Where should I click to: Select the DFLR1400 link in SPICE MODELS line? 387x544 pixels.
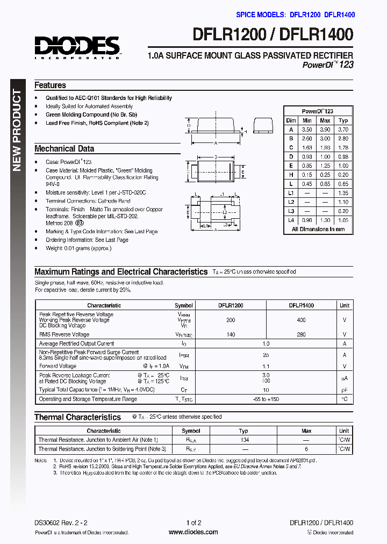(339, 15)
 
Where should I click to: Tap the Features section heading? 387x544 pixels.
(50, 85)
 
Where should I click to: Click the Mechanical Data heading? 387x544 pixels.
(64, 148)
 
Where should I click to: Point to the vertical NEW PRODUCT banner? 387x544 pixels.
(17, 132)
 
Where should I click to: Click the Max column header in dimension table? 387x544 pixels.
(325, 120)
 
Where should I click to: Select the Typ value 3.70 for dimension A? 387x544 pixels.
(343, 130)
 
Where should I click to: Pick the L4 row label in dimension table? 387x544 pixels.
(291, 220)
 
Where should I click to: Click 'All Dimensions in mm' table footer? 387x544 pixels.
(318, 229)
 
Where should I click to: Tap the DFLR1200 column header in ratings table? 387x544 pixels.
(231, 305)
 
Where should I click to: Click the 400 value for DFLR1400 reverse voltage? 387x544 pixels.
(301, 320)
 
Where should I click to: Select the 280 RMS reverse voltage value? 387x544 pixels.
(301, 334)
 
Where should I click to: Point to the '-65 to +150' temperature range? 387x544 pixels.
(266, 399)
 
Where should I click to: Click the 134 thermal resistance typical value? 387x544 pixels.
(243, 440)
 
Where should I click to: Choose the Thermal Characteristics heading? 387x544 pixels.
(77, 417)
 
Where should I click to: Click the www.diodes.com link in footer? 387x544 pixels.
(193, 532)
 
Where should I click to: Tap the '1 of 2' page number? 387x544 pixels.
(193, 522)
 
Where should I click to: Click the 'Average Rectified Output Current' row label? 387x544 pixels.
(76, 343)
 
